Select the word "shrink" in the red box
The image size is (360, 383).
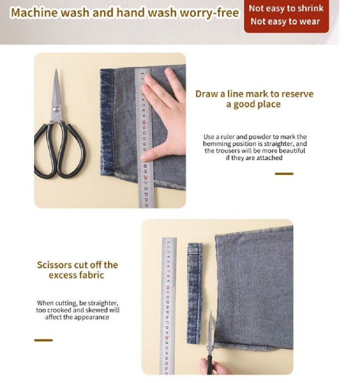310,8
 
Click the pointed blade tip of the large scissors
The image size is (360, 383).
56,71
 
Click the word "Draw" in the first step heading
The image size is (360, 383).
207,94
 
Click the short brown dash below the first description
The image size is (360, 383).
284,174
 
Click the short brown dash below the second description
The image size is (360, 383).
43,340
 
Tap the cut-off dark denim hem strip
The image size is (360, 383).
195,291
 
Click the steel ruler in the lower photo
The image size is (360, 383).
168,306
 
